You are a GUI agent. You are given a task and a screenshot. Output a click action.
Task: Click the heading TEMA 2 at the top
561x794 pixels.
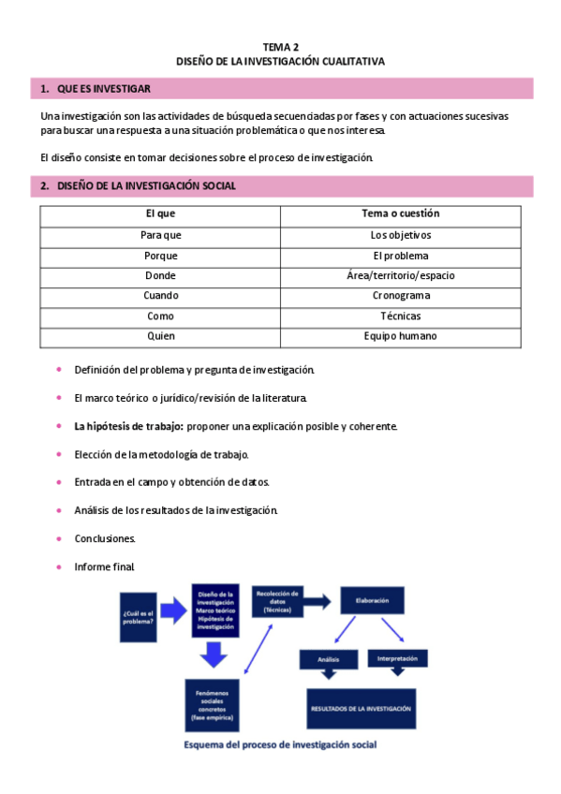[x=280, y=45]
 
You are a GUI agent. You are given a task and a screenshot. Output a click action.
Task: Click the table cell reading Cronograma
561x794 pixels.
[x=400, y=296]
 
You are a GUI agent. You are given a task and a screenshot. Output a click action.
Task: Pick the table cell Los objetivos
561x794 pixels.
[x=400, y=235]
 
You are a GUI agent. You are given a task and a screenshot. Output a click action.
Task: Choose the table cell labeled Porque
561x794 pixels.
[x=160, y=256]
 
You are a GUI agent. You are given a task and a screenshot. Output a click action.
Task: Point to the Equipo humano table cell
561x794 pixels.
[x=400, y=336]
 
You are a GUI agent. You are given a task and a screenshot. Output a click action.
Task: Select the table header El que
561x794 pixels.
[x=160, y=214]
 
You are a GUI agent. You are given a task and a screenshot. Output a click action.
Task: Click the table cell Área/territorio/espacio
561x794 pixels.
[x=400, y=276]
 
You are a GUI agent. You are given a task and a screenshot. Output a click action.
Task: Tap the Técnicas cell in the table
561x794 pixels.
[x=400, y=316]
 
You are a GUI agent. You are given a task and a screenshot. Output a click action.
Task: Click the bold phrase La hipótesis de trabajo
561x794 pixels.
[x=128, y=427]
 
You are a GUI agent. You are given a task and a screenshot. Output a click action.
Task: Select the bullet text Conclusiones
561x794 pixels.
[x=105, y=538]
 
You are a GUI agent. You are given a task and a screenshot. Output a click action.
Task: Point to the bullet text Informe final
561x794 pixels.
[x=105, y=566]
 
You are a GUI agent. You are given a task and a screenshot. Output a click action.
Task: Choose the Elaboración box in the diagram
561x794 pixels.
[x=373, y=600]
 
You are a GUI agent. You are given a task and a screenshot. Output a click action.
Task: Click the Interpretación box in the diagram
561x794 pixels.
[x=398, y=657]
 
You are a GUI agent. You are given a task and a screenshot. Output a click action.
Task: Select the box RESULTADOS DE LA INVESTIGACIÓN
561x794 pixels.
[x=361, y=709]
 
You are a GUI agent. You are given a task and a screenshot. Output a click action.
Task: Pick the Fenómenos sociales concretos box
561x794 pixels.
[x=213, y=705]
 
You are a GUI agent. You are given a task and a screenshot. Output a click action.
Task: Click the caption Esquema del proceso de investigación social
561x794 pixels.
[x=280, y=746]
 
